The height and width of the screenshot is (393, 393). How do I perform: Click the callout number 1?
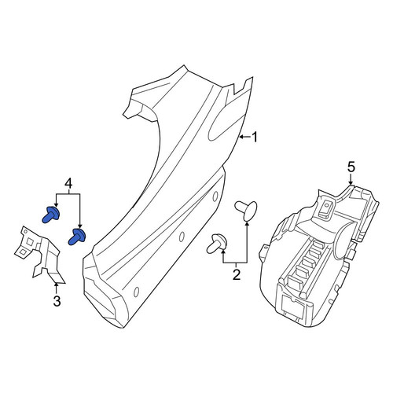[x=255, y=137]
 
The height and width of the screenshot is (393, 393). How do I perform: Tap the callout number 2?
[x=237, y=274]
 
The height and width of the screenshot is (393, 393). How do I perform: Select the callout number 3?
[x=57, y=301]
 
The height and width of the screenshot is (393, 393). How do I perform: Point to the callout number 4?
[x=68, y=183]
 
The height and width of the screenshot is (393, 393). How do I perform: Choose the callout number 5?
[x=351, y=167]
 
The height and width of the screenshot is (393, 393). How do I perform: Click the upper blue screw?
[x=51, y=214]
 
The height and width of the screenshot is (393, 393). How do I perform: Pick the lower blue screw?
[x=76, y=237]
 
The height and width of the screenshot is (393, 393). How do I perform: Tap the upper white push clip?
[x=246, y=211]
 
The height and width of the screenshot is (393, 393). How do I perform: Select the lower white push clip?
[x=217, y=244]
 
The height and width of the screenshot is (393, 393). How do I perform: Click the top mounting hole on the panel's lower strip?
[x=215, y=196]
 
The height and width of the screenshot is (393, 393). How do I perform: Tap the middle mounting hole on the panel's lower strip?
[x=181, y=237]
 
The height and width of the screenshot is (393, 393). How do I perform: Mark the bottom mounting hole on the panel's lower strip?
[x=136, y=292]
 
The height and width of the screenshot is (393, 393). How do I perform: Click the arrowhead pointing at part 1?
[x=241, y=137]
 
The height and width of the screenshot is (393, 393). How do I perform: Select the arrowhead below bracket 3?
[x=57, y=284]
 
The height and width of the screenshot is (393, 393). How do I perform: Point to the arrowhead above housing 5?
[x=351, y=183]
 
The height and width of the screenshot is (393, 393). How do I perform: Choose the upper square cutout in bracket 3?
[x=30, y=242]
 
